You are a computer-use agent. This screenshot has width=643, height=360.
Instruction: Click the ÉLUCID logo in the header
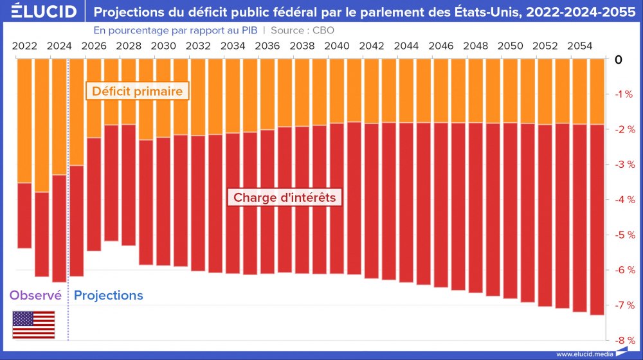point(39,12)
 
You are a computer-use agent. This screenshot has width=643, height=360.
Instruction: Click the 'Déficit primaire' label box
point(137,91)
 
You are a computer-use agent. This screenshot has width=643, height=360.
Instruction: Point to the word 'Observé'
point(35,296)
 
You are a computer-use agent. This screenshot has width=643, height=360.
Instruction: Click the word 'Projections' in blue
point(109,296)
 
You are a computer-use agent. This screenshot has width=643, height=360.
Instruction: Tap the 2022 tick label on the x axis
point(24,46)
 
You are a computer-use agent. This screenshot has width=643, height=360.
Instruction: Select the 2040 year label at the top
point(338,46)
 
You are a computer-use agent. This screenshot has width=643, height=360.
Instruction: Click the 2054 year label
point(581,46)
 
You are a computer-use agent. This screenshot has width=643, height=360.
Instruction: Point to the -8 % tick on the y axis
point(625,340)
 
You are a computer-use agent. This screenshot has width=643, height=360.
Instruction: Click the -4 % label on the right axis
point(625,200)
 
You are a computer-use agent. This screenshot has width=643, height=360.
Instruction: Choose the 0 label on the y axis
point(619,60)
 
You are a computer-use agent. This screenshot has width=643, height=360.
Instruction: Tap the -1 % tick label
point(625,94)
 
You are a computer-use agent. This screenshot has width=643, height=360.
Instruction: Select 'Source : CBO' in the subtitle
point(302,30)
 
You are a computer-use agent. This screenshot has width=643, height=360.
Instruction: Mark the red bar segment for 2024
point(59,228)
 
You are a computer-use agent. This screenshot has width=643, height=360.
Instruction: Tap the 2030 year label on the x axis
point(164,46)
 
